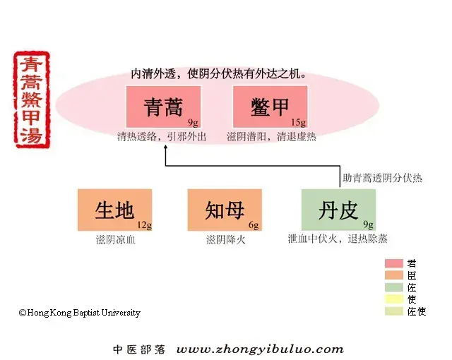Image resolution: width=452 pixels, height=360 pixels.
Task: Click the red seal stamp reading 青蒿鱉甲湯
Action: pos(32,100)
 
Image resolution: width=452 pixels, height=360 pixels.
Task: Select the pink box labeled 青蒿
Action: pos(163,107)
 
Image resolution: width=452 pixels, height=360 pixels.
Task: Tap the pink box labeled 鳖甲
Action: pos(270,107)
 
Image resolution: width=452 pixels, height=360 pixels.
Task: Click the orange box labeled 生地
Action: pos(114,210)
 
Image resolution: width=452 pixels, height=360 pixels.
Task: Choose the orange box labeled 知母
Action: pos(225,210)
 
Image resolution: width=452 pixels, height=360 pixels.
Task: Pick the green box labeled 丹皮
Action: pos(338,210)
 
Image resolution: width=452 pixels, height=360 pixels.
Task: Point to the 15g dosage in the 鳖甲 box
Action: pos(298,122)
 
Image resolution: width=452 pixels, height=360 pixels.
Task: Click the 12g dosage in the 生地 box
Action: pos(144,224)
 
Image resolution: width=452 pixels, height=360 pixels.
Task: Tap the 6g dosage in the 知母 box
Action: pos(254,224)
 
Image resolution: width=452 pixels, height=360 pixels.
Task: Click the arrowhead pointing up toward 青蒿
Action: pos(165,147)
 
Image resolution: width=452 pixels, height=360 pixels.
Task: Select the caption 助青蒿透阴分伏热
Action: pos(382,178)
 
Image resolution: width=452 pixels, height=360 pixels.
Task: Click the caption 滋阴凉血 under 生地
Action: pos(116,239)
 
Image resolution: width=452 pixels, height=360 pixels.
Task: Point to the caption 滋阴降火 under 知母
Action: pos(226,239)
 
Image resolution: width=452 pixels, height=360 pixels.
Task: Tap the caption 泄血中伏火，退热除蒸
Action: pos(338,239)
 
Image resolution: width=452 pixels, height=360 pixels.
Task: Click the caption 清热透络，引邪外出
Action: pos(162,136)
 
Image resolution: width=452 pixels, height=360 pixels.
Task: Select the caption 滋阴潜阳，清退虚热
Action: pos(271,136)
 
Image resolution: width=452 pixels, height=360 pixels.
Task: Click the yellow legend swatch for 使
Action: pos(394,299)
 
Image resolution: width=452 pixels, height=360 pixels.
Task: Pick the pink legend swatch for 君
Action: pos(394,263)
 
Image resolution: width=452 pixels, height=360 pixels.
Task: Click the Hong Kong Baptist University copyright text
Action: pos(80,313)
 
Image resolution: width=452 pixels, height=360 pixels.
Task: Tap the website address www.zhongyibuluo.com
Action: pos(260,349)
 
